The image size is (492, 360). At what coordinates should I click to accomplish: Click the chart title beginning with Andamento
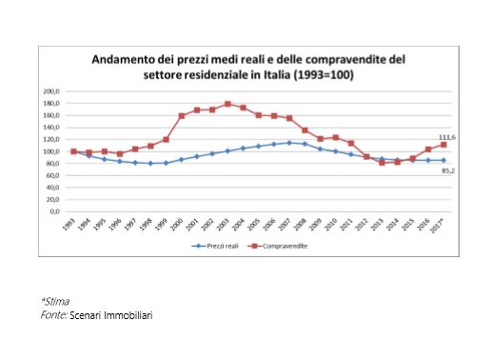pyautogui.click(x=247, y=67)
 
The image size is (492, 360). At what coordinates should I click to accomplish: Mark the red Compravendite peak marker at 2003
pyautogui.click(x=227, y=104)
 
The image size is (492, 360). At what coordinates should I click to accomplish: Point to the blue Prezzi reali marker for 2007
pyautogui.click(x=289, y=143)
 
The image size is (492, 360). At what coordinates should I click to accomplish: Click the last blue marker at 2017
pyautogui.click(x=443, y=160)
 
